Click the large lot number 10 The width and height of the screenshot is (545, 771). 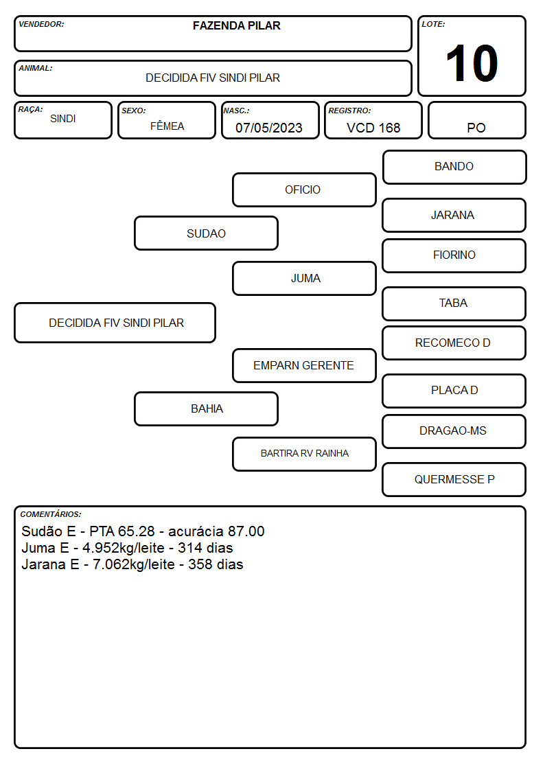coord(472,63)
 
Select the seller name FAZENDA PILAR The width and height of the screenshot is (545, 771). coord(236,25)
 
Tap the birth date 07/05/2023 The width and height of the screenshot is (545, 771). coord(269,128)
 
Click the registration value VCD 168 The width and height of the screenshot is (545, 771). coord(373,128)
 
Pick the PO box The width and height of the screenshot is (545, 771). coord(476,120)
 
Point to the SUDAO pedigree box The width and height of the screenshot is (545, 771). coord(207,233)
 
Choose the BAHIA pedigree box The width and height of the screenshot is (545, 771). coord(207,409)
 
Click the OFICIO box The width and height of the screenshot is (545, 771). coord(304,189)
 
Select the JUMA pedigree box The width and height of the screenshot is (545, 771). coord(304,278)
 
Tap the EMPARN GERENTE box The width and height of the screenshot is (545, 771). coord(304,366)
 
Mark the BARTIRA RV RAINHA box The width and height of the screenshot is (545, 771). coord(304,454)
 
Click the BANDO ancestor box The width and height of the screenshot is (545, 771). coord(454,168)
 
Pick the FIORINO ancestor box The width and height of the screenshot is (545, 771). coord(454,255)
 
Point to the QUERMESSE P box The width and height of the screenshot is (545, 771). coord(454,479)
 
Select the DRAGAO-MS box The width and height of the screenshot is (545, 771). coord(454,431)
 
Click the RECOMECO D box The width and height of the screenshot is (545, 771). coord(454,343)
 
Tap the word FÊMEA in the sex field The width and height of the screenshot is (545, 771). coord(167,126)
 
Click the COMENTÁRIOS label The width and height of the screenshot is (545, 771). coord(51,514)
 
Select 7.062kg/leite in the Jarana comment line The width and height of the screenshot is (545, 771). coord(134,564)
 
